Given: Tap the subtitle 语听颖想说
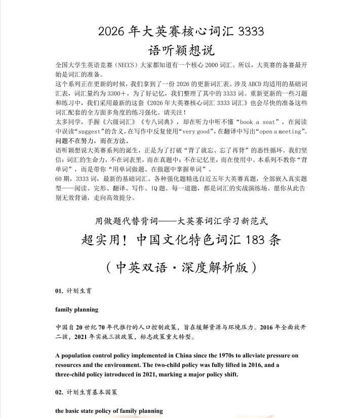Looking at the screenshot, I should pyautogui.click(x=180, y=51).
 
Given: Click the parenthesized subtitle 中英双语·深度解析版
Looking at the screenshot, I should pyautogui.click(x=180, y=267).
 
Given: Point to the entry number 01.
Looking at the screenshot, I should pyautogui.click(x=59, y=291).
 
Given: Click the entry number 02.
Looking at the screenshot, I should pyautogui.click(x=59, y=392).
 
